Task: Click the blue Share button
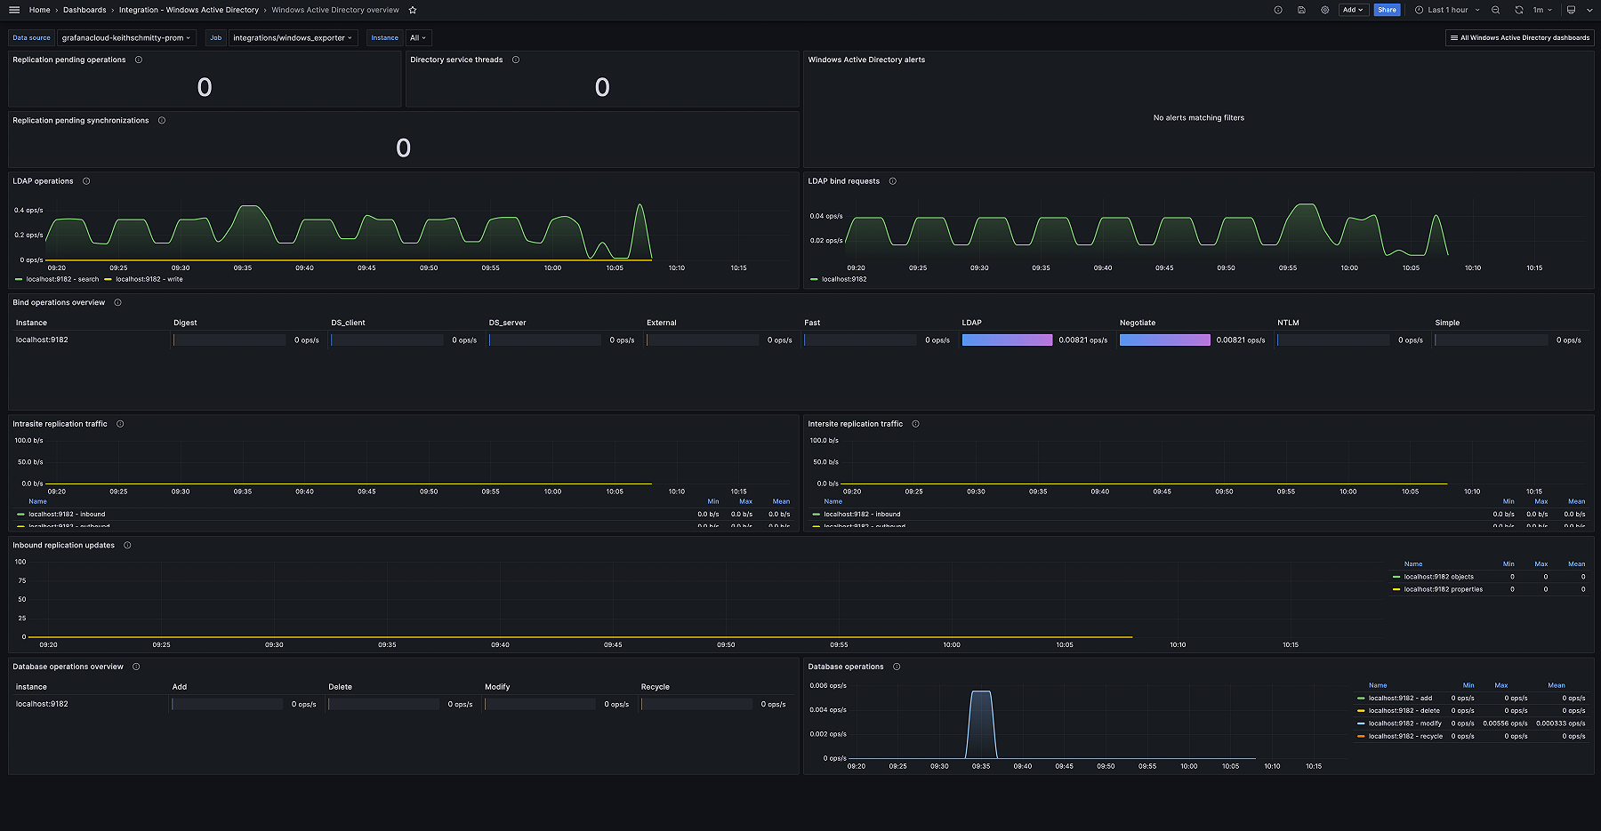1386,10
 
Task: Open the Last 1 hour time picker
1447,10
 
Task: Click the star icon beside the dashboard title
412,10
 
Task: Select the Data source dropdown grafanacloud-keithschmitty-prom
126,37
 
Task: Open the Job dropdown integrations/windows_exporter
293,37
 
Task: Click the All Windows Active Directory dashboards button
1519,37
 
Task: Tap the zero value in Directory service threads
602,87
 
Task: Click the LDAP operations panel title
43,181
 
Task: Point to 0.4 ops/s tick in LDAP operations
28,211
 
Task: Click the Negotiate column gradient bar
1164,340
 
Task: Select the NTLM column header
1288,323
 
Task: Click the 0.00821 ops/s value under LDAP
1082,340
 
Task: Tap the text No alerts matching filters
1198,117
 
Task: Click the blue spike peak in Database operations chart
980,692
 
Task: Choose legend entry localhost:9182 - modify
1404,723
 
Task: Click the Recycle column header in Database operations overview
655,687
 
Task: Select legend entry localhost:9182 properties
1443,589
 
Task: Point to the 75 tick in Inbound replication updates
22,580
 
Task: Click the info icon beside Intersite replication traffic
915,424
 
